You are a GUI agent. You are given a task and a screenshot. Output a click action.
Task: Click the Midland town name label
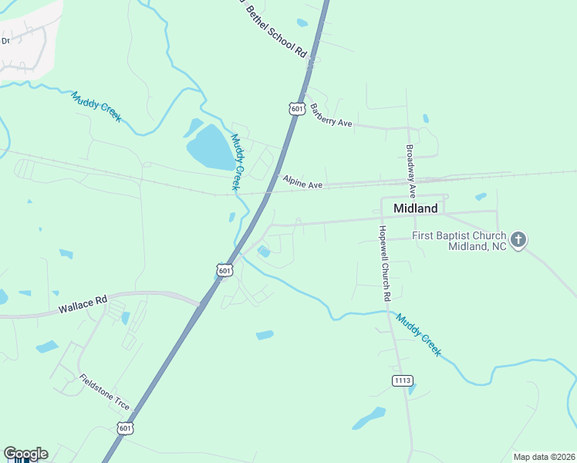pyautogui.click(x=415, y=208)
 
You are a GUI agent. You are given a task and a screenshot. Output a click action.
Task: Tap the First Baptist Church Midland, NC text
pyautogui.click(x=458, y=241)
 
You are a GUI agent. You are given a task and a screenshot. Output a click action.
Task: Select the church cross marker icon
pyautogui.click(x=518, y=239)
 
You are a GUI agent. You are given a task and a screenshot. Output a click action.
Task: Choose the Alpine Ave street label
pyautogui.click(x=302, y=183)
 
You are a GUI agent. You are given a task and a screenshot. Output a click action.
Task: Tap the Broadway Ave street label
pyautogui.click(x=411, y=169)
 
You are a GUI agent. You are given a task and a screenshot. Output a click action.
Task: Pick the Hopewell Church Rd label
pyautogui.click(x=384, y=263)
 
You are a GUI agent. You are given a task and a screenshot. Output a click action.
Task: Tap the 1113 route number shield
pyautogui.click(x=403, y=380)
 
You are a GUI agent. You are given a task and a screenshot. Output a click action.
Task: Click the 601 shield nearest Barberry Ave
pyautogui.click(x=297, y=109)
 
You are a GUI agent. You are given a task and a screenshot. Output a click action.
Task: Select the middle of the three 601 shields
pyautogui.click(x=224, y=270)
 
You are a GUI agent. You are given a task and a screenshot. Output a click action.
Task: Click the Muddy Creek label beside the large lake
pyautogui.click(x=238, y=163)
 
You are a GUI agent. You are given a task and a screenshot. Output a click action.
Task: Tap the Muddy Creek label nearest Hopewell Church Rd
pyautogui.click(x=419, y=334)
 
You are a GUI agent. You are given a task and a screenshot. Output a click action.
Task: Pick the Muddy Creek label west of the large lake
pyautogui.click(x=96, y=106)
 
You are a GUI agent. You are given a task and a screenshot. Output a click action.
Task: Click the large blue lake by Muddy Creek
pyautogui.click(x=208, y=146)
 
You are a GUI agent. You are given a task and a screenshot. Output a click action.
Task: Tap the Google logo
pyautogui.click(x=25, y=454)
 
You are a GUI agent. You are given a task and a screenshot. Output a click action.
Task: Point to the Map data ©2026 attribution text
pyautogui.click(x=543, y=457)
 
